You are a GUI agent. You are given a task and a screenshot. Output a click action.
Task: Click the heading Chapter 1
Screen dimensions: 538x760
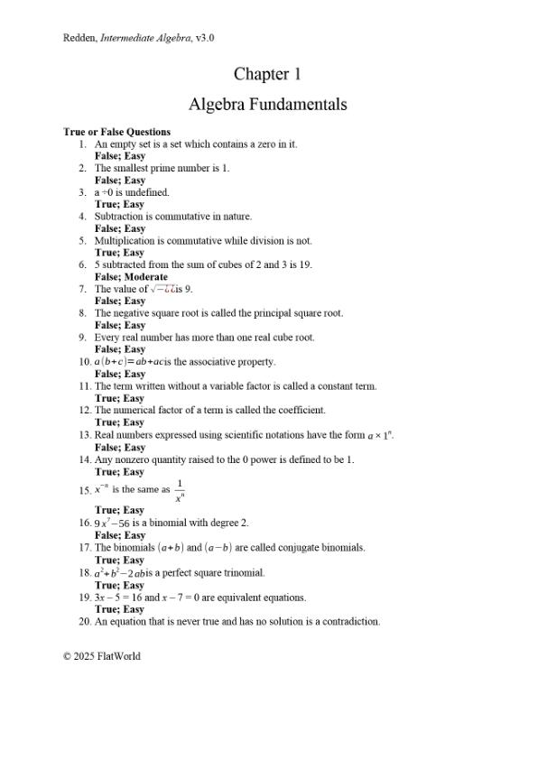(267, 73)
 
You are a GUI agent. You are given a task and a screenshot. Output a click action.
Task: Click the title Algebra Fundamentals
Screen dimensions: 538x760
(267, 105)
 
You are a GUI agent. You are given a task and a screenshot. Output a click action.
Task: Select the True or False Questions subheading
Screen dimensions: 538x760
(116, 132)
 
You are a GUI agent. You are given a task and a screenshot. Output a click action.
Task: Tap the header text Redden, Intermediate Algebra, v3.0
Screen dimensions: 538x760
(138, 38)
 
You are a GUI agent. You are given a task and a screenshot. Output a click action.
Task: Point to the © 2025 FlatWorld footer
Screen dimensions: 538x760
(101, 656)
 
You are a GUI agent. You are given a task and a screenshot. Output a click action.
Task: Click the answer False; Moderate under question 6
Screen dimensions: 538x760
(131, 277)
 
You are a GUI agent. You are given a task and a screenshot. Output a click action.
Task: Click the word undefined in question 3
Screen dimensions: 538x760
(149, 192)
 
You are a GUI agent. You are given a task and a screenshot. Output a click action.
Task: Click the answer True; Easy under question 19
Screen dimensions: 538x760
(119, 609)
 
